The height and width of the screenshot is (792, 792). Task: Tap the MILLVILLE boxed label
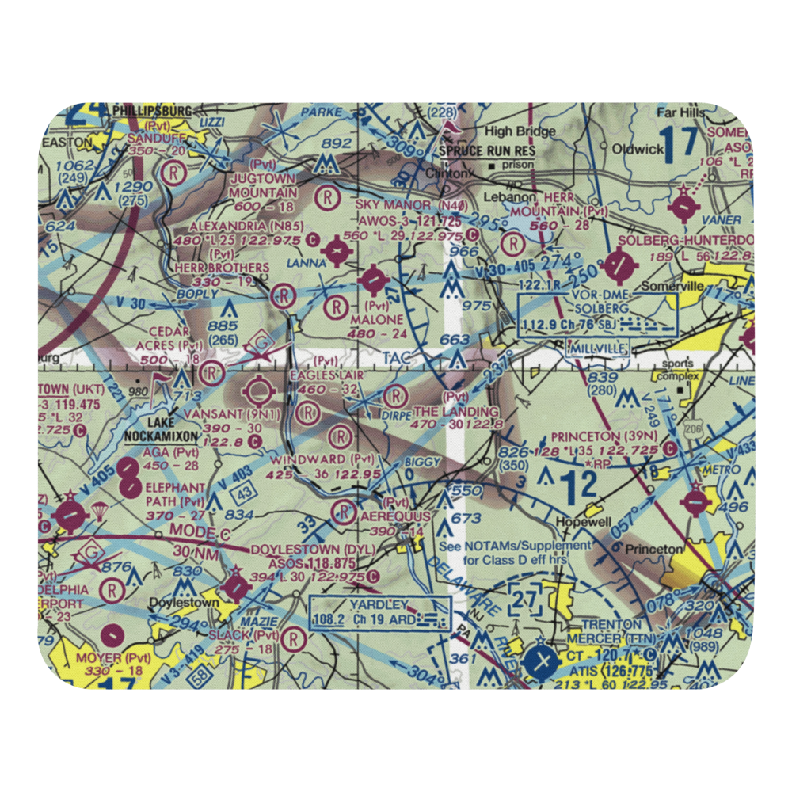coord(599,348)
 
